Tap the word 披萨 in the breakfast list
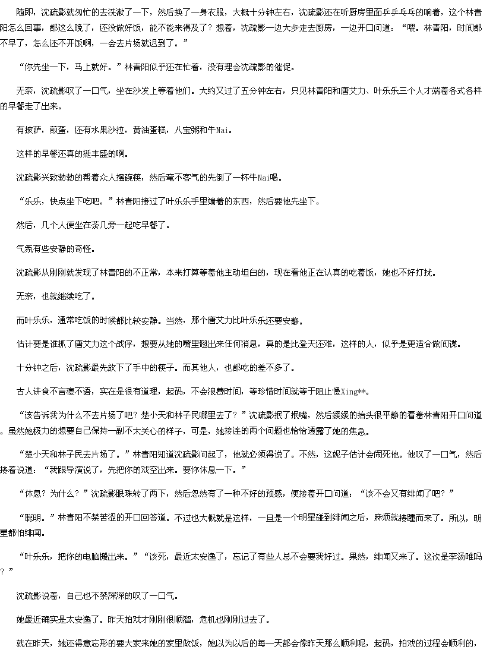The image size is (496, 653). [33, 130]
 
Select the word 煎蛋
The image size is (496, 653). [58, 130]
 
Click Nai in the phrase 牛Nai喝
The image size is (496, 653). [264, 178]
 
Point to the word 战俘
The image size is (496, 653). [125, 344]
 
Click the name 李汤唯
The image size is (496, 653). [462, 556]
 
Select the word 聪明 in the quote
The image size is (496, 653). [33, 518]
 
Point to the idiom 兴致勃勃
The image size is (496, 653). [58, 178]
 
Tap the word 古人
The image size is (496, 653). [25, 392]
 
